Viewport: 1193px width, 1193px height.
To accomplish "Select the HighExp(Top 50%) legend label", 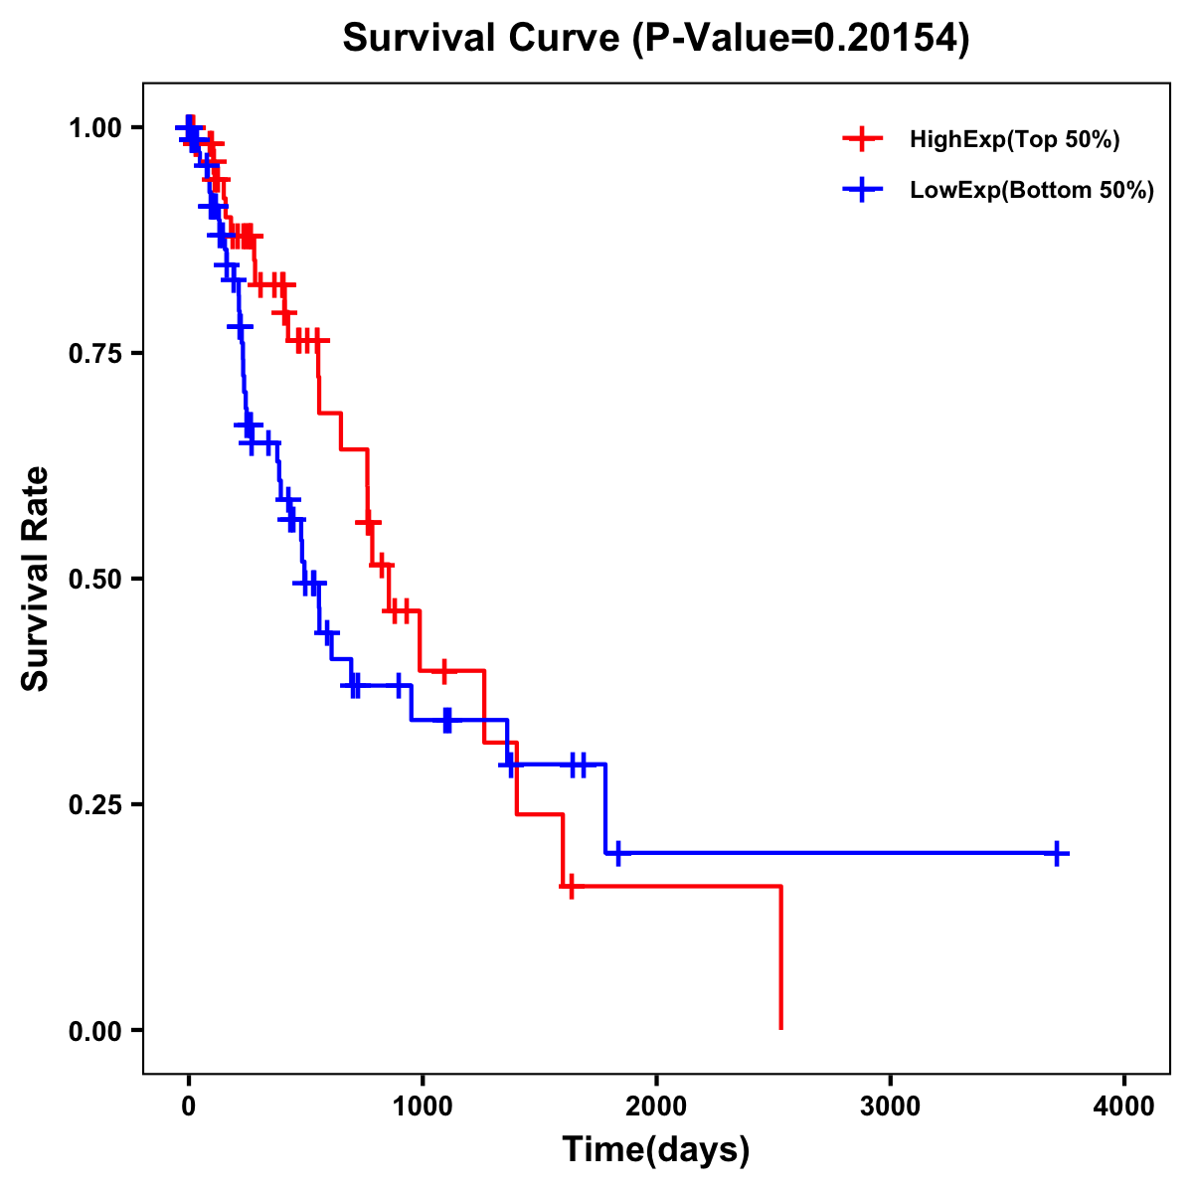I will tap(1014, 140).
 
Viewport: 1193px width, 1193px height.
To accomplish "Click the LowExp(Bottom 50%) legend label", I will tap(1032, 191).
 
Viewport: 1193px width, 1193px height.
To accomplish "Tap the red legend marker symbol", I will tap(862, 140).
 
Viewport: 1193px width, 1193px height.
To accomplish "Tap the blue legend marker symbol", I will tap(862, 191).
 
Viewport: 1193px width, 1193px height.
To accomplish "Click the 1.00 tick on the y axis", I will tap(94, 128).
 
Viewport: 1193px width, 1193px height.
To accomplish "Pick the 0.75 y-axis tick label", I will tap(94, 354).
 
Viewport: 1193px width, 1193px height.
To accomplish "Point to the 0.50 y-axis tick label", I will tap(94, 580).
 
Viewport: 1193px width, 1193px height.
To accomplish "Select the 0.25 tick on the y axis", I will tap(94, 804).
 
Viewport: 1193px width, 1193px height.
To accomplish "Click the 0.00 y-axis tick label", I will tap(94, 1030).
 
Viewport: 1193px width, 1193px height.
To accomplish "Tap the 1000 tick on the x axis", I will tap(423, 1107).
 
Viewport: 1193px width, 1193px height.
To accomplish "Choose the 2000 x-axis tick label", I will tap(656, 1107).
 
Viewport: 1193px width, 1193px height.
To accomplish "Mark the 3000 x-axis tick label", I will tap(891, 1107).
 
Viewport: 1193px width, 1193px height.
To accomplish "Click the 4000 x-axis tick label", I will tap(1124, 1107).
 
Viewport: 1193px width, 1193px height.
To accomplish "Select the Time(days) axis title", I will tap(656, 1150).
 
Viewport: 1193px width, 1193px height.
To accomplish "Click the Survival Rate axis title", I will tap(36, 579).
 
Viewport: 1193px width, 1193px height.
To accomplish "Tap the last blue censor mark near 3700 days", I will tap(1058, 853).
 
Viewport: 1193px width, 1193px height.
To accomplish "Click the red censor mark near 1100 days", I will tap(443, 671).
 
